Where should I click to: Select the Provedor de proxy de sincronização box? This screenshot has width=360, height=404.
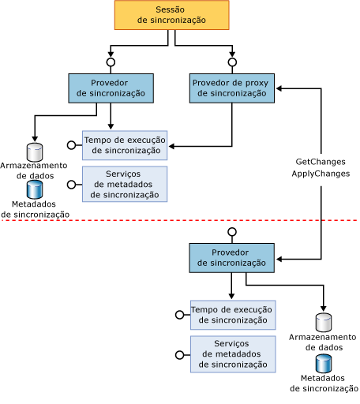tap(232, 88)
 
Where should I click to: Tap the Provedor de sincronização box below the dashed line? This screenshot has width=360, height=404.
tap(232, 257)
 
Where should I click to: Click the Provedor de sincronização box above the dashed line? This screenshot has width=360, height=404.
tap(111, 88)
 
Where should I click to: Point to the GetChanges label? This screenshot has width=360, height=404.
tap(320, 162)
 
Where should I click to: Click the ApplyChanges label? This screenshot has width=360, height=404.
tap(320, 174)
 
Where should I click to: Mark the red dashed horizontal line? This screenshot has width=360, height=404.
tap(180, 220)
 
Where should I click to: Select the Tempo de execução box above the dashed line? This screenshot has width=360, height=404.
tap(125, 145)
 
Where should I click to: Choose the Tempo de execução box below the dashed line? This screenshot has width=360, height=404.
tap(233, 314)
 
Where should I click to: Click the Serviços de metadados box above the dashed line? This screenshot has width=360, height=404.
tap(125, 184)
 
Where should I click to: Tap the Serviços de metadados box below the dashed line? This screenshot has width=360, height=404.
tap(233, 353)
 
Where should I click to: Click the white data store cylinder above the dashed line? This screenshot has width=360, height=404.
tap(35, 151)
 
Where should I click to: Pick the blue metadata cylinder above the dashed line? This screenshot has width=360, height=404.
tap(35, 189)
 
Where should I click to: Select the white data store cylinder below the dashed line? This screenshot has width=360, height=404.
tap(323, 322)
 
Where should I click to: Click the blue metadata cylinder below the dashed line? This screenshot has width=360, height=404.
tap(323, 363)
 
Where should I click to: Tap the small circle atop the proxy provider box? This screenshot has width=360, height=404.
tap(232, 62)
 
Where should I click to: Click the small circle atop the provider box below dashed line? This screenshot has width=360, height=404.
tap(232, 232)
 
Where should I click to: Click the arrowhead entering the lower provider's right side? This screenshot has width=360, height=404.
tap(279, 258)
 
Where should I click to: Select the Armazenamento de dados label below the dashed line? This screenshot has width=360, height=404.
tap(323, 342)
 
